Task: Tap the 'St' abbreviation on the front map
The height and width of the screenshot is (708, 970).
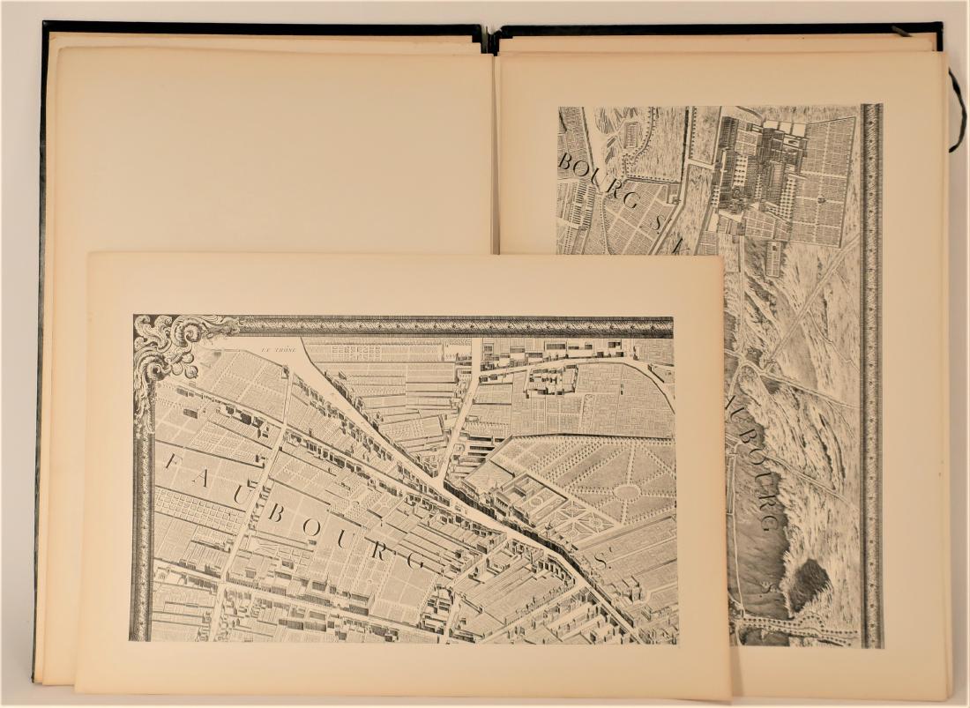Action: click(x=602, y=559)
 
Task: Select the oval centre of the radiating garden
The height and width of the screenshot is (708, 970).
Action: click(x=627, y=490)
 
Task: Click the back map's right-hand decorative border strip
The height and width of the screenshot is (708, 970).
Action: click(x=871, y=370)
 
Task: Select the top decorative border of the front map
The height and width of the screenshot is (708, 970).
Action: click(x=459, y=326)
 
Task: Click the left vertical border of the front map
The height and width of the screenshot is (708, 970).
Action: click(x=141, y=529)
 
